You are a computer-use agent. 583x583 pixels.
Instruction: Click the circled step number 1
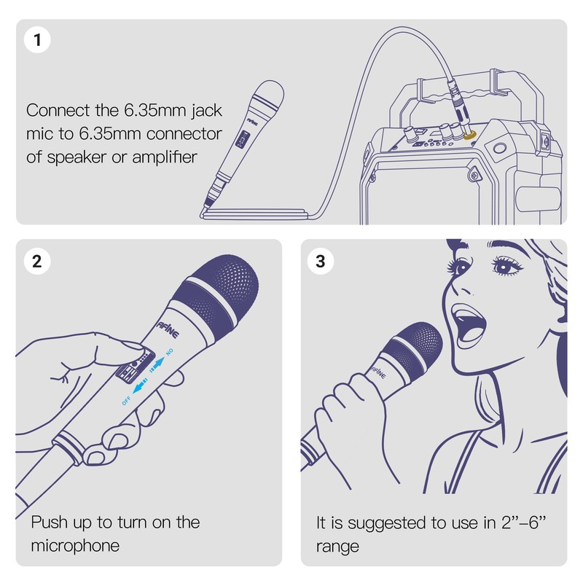click(38, 39)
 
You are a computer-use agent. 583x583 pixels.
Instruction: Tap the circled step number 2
click(38, 261)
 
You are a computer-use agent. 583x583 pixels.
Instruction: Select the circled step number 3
click(321, 261)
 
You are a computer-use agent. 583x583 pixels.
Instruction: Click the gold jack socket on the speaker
click(469, 136)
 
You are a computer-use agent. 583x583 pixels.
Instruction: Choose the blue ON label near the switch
click(169, 352)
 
